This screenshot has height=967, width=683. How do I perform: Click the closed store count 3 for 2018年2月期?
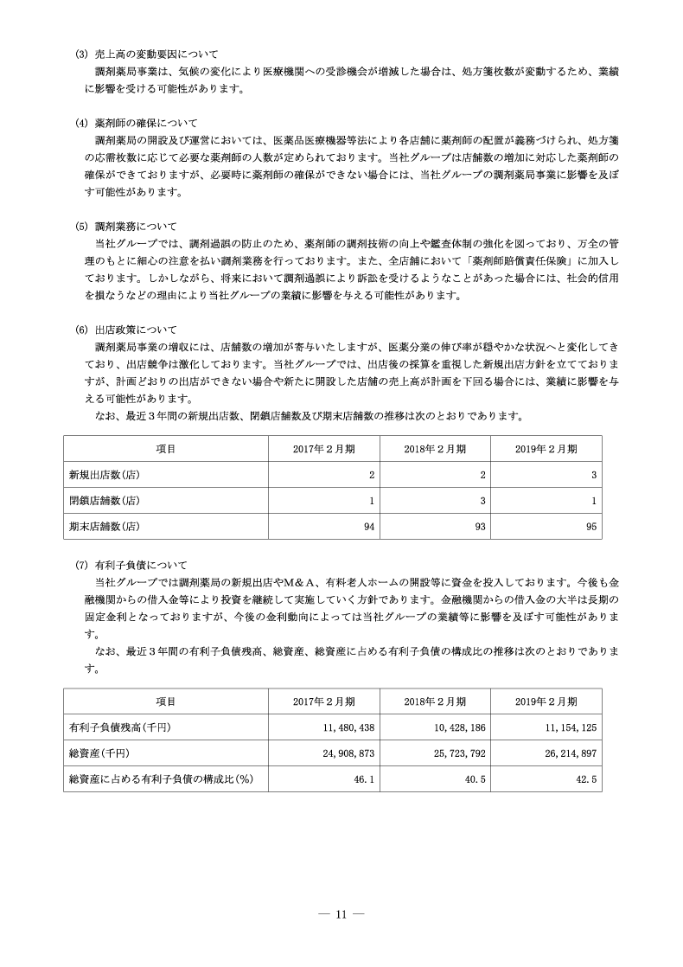pyautogui.click(x=482, y=500)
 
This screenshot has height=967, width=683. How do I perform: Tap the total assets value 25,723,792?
pyautogui.click(x=459, y=754)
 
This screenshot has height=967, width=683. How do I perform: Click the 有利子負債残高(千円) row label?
pyautogui.click(x=120, y=728)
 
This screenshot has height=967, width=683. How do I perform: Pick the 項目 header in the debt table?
pyautogui.click(x=165, y=701)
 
